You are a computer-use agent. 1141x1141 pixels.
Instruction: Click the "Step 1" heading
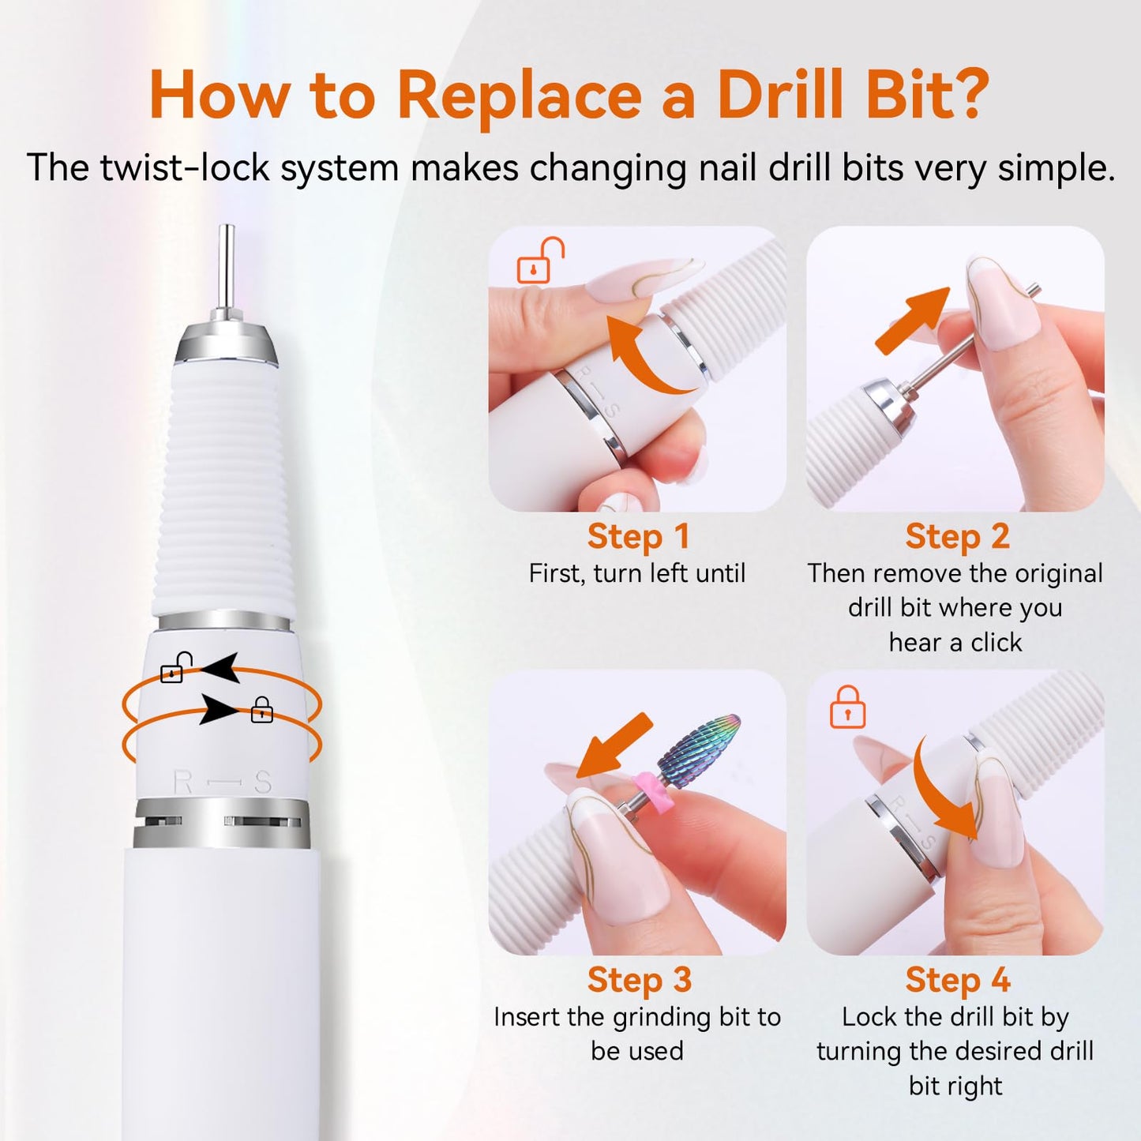[638, 537]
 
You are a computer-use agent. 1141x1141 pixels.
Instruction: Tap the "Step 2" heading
[957, 537]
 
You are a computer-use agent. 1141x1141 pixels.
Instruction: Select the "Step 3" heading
[639, 980]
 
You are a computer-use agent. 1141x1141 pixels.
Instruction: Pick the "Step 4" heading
[957, 980]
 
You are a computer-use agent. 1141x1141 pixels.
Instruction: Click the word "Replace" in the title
[520, 96]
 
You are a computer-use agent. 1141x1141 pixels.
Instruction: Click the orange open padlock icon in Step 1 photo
[539, 261]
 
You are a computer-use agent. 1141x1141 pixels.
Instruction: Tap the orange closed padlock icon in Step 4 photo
[847, 707]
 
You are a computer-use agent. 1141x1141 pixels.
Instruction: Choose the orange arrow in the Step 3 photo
[614, 746]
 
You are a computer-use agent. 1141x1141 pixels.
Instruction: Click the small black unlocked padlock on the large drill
[174, 669]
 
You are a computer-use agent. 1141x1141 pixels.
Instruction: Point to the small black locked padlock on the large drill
[261, 711]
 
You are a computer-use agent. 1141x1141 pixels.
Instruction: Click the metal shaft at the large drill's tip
[227, 268]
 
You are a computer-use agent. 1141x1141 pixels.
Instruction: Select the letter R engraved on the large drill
[182, 783]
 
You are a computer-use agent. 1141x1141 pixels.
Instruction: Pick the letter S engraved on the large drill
[263, 783]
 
